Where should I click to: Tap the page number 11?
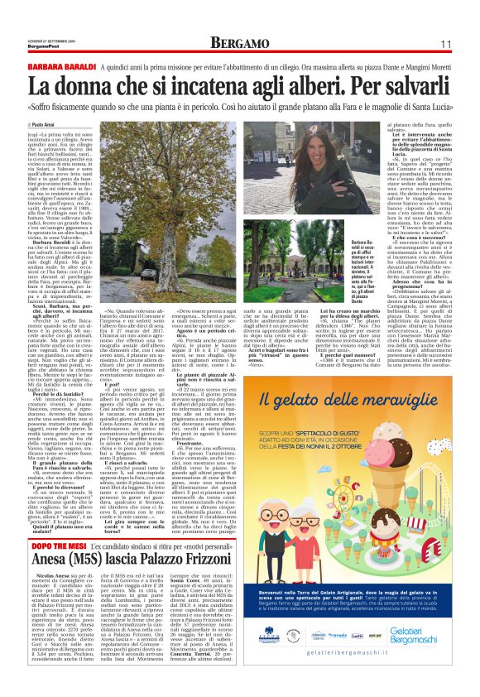coord(444,43)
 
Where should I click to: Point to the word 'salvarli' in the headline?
coord(415,85)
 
